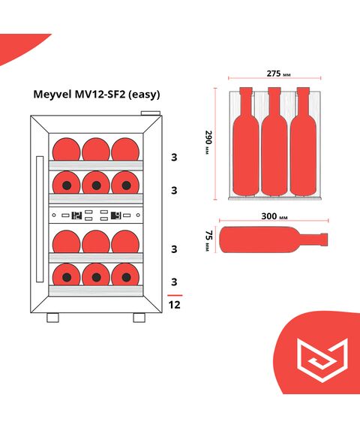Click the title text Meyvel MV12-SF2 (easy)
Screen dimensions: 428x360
96,95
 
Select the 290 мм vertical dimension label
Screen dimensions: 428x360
208,140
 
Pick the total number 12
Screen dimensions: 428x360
173,306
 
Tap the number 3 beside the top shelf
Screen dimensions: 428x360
173,158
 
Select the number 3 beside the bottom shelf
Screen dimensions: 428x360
173,282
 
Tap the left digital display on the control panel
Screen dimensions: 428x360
76,216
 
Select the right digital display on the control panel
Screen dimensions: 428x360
116,216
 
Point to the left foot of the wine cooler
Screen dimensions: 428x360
52,318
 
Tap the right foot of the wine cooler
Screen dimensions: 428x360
139,318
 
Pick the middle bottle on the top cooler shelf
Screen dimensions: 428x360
95,148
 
